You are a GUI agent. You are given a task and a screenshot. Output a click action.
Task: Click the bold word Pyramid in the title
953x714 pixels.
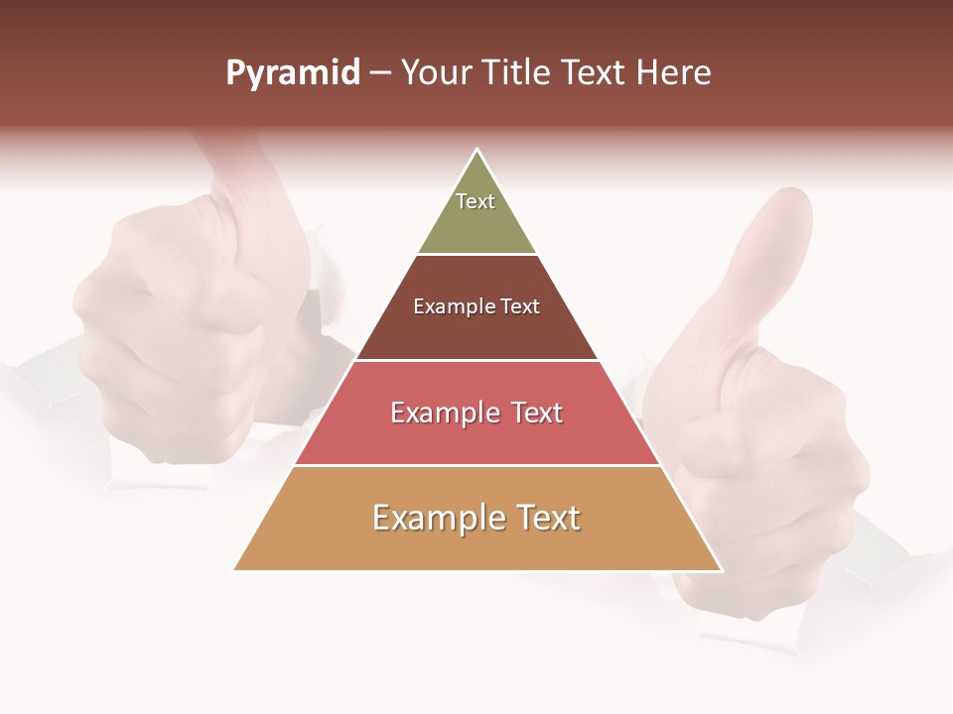[292, 73]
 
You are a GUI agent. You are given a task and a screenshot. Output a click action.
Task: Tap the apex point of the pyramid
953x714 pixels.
[477, 150]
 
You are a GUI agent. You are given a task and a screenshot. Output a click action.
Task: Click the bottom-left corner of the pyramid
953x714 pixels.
[235, 569]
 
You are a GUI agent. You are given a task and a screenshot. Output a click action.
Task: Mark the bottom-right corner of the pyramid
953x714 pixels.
[721, 569]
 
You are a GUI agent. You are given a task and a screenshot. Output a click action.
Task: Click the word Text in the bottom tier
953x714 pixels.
[548, 519]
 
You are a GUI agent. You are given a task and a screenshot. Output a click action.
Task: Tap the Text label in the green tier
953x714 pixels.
[476, 201]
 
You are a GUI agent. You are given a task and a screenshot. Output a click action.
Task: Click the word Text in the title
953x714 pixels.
[594, 73]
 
